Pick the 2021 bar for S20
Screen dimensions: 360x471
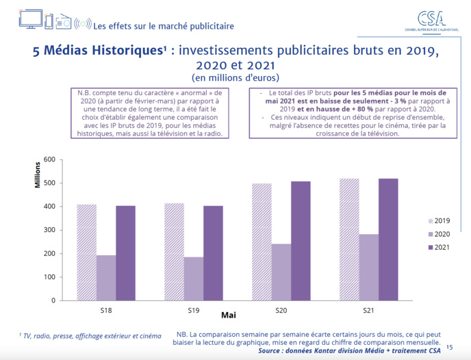click(x=301, y=240)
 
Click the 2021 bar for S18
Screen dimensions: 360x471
click(x=125, y=253)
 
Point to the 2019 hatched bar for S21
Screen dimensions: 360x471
click(x=349, y=239)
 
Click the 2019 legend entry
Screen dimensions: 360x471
click(x=438, y=221)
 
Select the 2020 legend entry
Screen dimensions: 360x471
click(x=438, y=234)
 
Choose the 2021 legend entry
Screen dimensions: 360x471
click(x=438, y=247)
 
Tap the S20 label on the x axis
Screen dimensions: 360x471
click(x=281, y=311)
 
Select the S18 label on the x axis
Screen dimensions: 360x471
click(x=106, y=311)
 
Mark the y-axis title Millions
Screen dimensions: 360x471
click(x=39, y=175)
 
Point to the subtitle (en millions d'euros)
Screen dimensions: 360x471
click(x=235, y=77)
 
